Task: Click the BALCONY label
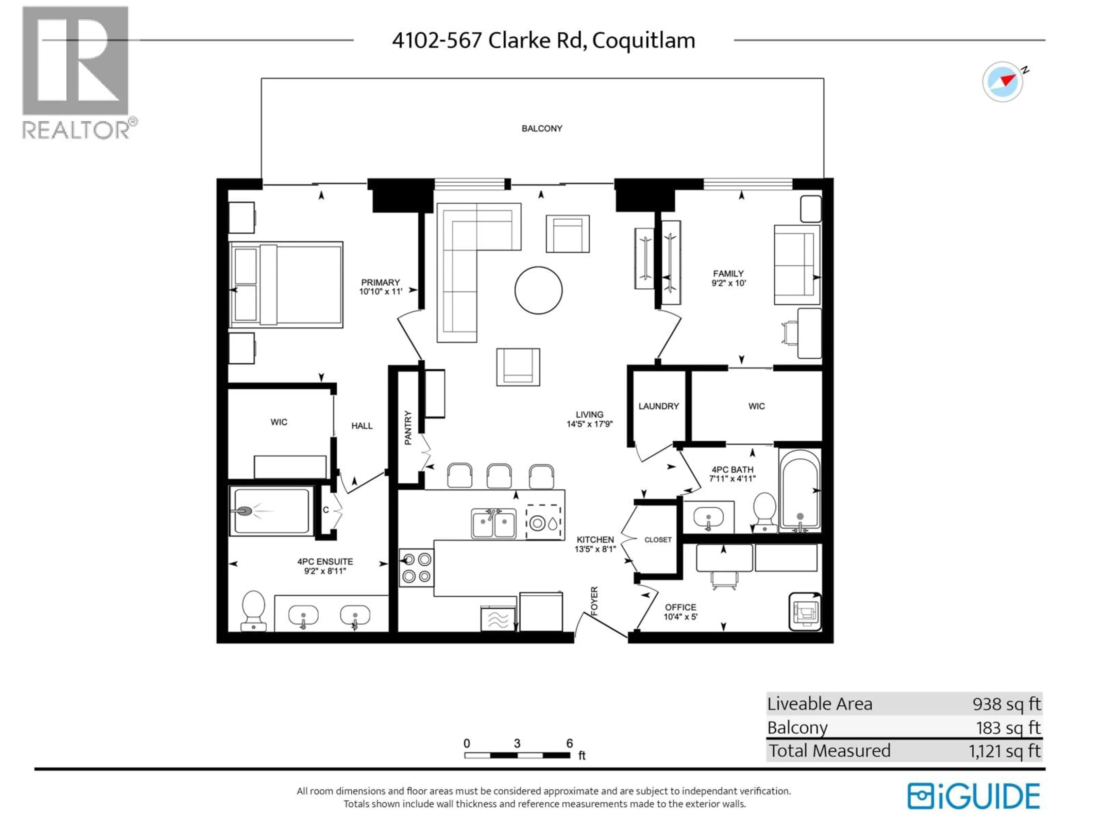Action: tap(542, 128)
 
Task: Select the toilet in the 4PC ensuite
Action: tap(254, 610)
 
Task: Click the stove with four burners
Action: tap(416, 567)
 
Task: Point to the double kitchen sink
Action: tap(493, 523)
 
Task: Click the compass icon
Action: tap(1002, 81)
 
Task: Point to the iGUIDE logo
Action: tap(973, 796)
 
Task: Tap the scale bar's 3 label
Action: tap(517, 743)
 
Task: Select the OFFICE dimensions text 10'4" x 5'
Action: tap(680, 617)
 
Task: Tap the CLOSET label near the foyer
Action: tap(658, 540)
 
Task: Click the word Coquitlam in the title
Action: tap(643, 40)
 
